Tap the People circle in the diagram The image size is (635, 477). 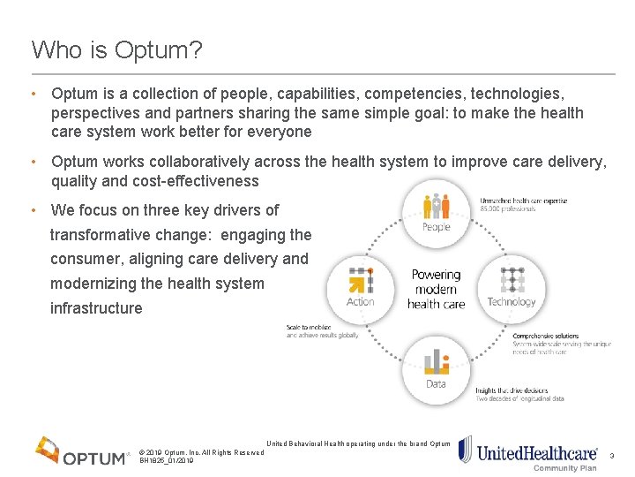click(x=436, y=214)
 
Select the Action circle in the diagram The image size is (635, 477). click(x=360, y=287)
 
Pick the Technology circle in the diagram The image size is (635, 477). click(x=512, y=287)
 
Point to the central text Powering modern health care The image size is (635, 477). click(x=436, y=289)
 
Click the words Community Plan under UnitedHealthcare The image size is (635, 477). click(x=565, y=468)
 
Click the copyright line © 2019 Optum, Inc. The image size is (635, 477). click(x=201, y=452)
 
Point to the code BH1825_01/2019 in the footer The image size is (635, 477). click(x=167, y=460)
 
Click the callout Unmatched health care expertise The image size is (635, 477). click(x=524, y=201)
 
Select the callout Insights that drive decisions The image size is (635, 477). click(x=512, y=390)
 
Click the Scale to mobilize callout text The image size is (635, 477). click(x=309, y=327)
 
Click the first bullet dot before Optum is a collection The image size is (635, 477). click(x=32, y=93)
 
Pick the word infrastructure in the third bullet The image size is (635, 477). click(x=96, y=308)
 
